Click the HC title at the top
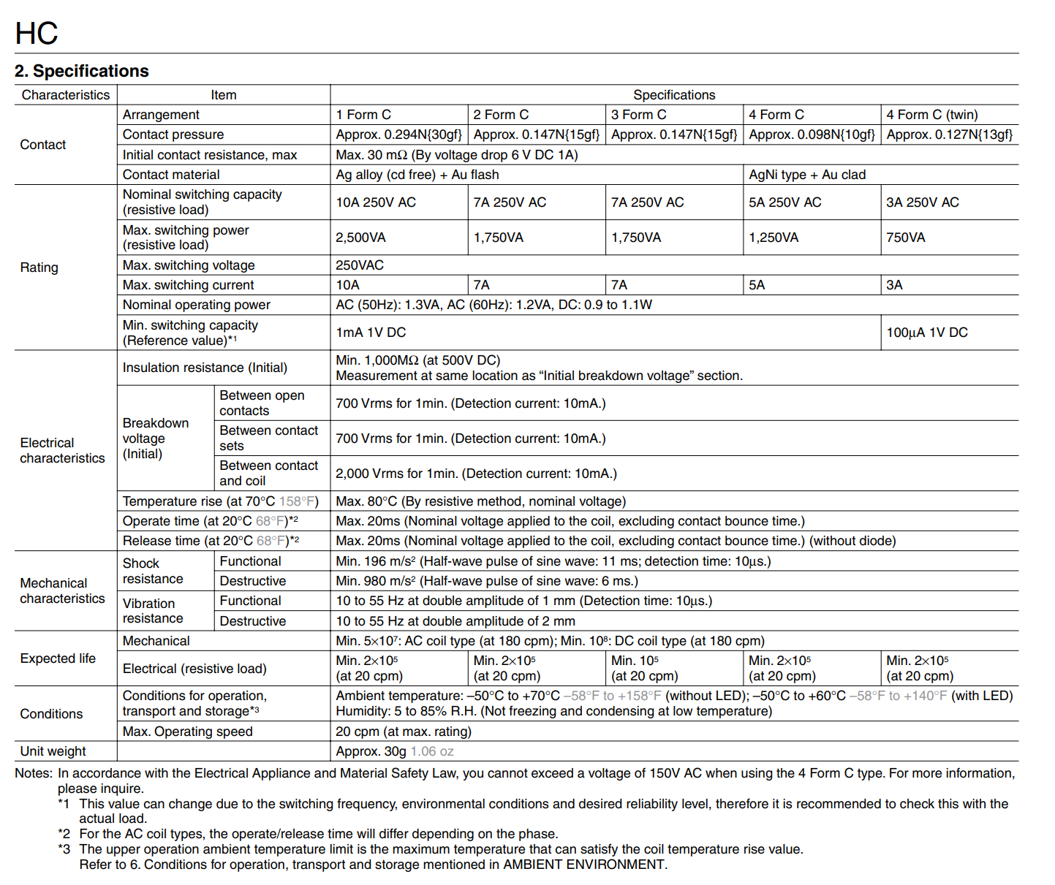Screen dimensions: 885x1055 coord(37,34)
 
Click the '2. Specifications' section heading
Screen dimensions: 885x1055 coord(82,71)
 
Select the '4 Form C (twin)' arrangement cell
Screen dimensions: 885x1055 coord(931,115)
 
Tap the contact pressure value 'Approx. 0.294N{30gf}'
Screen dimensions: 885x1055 coord(398,134)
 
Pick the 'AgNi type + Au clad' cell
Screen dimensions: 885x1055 coord(806,175)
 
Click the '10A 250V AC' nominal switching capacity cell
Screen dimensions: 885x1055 coord(376,202)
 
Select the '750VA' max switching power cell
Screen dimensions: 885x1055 coord(905,238)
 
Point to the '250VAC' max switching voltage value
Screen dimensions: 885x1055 coord(360,265)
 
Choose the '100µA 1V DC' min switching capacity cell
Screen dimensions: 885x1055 coord(926,333)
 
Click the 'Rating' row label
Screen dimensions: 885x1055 coord(39,267)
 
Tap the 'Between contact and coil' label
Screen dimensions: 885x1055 coord(268,473)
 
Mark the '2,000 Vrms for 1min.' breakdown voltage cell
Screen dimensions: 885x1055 coord(476,474)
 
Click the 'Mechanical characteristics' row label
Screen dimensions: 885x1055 coord(62,590)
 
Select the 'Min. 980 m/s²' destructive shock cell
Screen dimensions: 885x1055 coord(486,581)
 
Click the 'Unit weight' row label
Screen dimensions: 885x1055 coord(53,751)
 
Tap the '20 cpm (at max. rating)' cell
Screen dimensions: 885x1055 coord(404,732)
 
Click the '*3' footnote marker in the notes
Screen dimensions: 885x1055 coord(64,849)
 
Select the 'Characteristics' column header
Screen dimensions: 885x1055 coord(66,95)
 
